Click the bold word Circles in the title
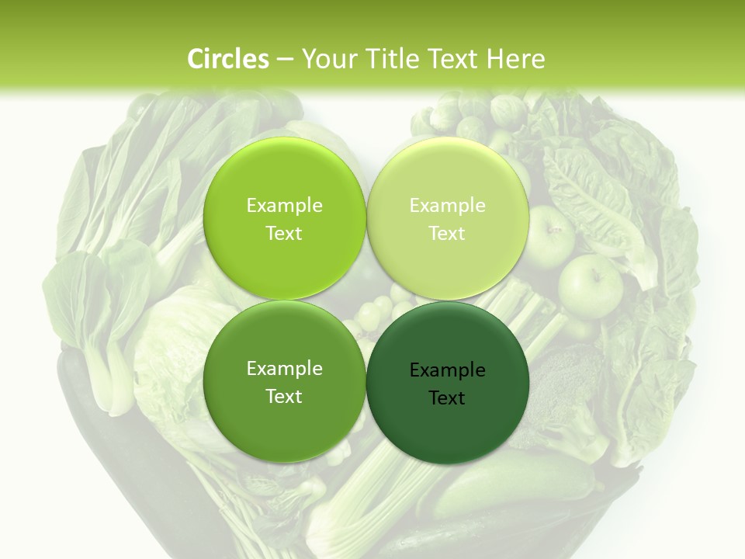click(227, 59)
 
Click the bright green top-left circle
click(284, 179)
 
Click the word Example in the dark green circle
click(447, 370)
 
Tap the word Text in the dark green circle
click(447, 398)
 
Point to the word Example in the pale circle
click(447, 206)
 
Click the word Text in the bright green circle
click(284, 234)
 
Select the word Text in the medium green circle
click(284, 397)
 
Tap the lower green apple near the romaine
click(590, 283)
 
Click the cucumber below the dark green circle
click(512, 481)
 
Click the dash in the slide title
click(285, 60)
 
